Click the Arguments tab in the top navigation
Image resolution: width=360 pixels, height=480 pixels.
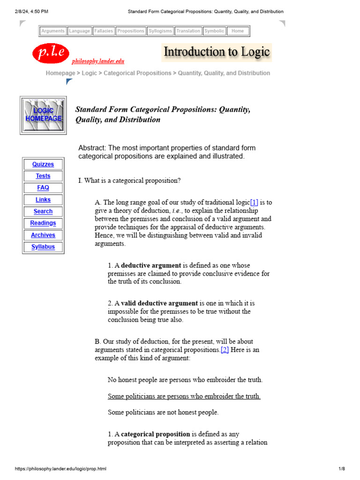53,31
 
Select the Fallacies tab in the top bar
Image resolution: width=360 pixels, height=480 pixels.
103,31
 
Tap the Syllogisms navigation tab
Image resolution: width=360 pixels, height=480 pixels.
160,31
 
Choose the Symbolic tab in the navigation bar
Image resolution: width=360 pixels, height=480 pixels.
214,31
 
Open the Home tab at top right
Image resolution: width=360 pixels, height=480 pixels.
238,31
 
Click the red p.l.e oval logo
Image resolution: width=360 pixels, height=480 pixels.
51,53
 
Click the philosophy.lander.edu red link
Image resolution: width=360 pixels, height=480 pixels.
97,61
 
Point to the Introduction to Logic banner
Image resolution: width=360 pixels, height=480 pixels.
216,52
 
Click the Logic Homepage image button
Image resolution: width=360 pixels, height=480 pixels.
43,115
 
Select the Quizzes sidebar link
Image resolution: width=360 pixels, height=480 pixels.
43,165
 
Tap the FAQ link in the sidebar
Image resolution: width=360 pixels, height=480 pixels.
43,188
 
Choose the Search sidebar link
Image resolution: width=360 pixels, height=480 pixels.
43,211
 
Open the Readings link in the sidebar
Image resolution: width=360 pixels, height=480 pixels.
43,223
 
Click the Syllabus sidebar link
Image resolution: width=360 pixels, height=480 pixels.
43,247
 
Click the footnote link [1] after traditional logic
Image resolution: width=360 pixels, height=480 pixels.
254,202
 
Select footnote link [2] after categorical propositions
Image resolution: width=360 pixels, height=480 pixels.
225,350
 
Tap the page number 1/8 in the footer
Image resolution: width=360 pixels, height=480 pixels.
341,469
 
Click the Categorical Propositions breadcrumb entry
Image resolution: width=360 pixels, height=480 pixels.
137,73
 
